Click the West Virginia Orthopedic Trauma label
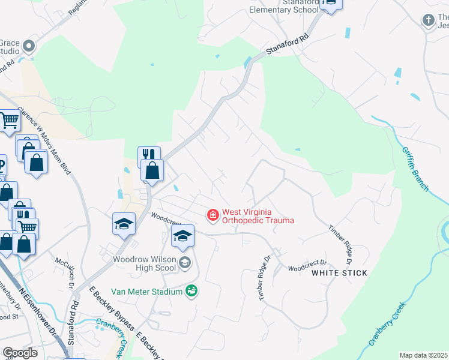(x=258, y=216)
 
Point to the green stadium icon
(x=192, y=291)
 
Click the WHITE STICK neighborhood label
(x=339, y=273)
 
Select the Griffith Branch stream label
(x=415, y=169)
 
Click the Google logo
(x=20, y=353)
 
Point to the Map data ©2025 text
(x=423, y=355)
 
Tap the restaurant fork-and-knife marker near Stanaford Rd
(x=149, y=155)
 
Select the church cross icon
(x=429, y=20)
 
